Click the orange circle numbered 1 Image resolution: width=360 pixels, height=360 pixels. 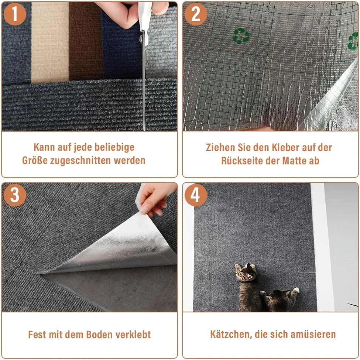tap(15, 14)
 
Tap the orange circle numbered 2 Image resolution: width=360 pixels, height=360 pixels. tap(196, 14)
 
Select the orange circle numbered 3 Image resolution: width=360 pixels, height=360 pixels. tap(15, 195)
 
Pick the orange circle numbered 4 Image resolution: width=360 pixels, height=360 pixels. tap(196, 195)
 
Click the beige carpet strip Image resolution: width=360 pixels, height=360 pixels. tap(50, 42)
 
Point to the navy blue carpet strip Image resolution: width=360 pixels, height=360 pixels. tap(122, 46)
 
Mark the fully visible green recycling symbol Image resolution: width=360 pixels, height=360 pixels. tap(241, 36)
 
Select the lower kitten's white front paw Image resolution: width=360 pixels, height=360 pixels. tap(296, 290)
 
